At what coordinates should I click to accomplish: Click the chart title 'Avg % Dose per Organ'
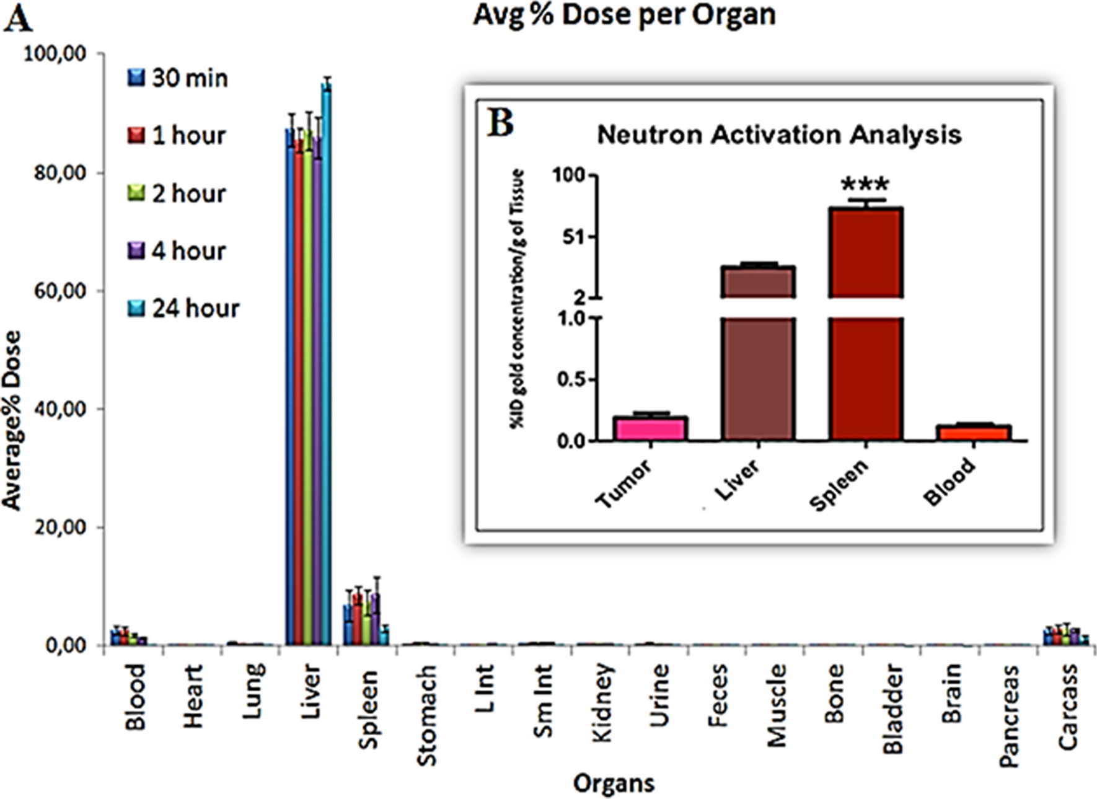click(624, 15)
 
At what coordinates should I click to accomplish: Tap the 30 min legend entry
click(178, 78)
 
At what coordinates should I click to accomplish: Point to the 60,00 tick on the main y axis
click(59, 291)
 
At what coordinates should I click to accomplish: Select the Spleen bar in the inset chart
click(866, 322)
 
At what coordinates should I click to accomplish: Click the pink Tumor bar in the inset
click(650, 429)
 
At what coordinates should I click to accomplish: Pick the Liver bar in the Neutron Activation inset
click(758, 353)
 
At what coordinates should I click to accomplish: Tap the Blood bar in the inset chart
click(974, 433)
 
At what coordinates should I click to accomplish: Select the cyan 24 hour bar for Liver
click(326, 366)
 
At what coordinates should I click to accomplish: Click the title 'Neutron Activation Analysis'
click(779, 135)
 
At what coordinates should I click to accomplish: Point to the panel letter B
click(500, 123)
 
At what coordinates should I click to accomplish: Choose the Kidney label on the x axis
click(602, 702)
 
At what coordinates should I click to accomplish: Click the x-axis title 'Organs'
click(614, 783)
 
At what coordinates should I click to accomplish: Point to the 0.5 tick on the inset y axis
click(571, 379)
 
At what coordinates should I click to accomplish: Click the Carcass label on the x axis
click(1068, 707)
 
